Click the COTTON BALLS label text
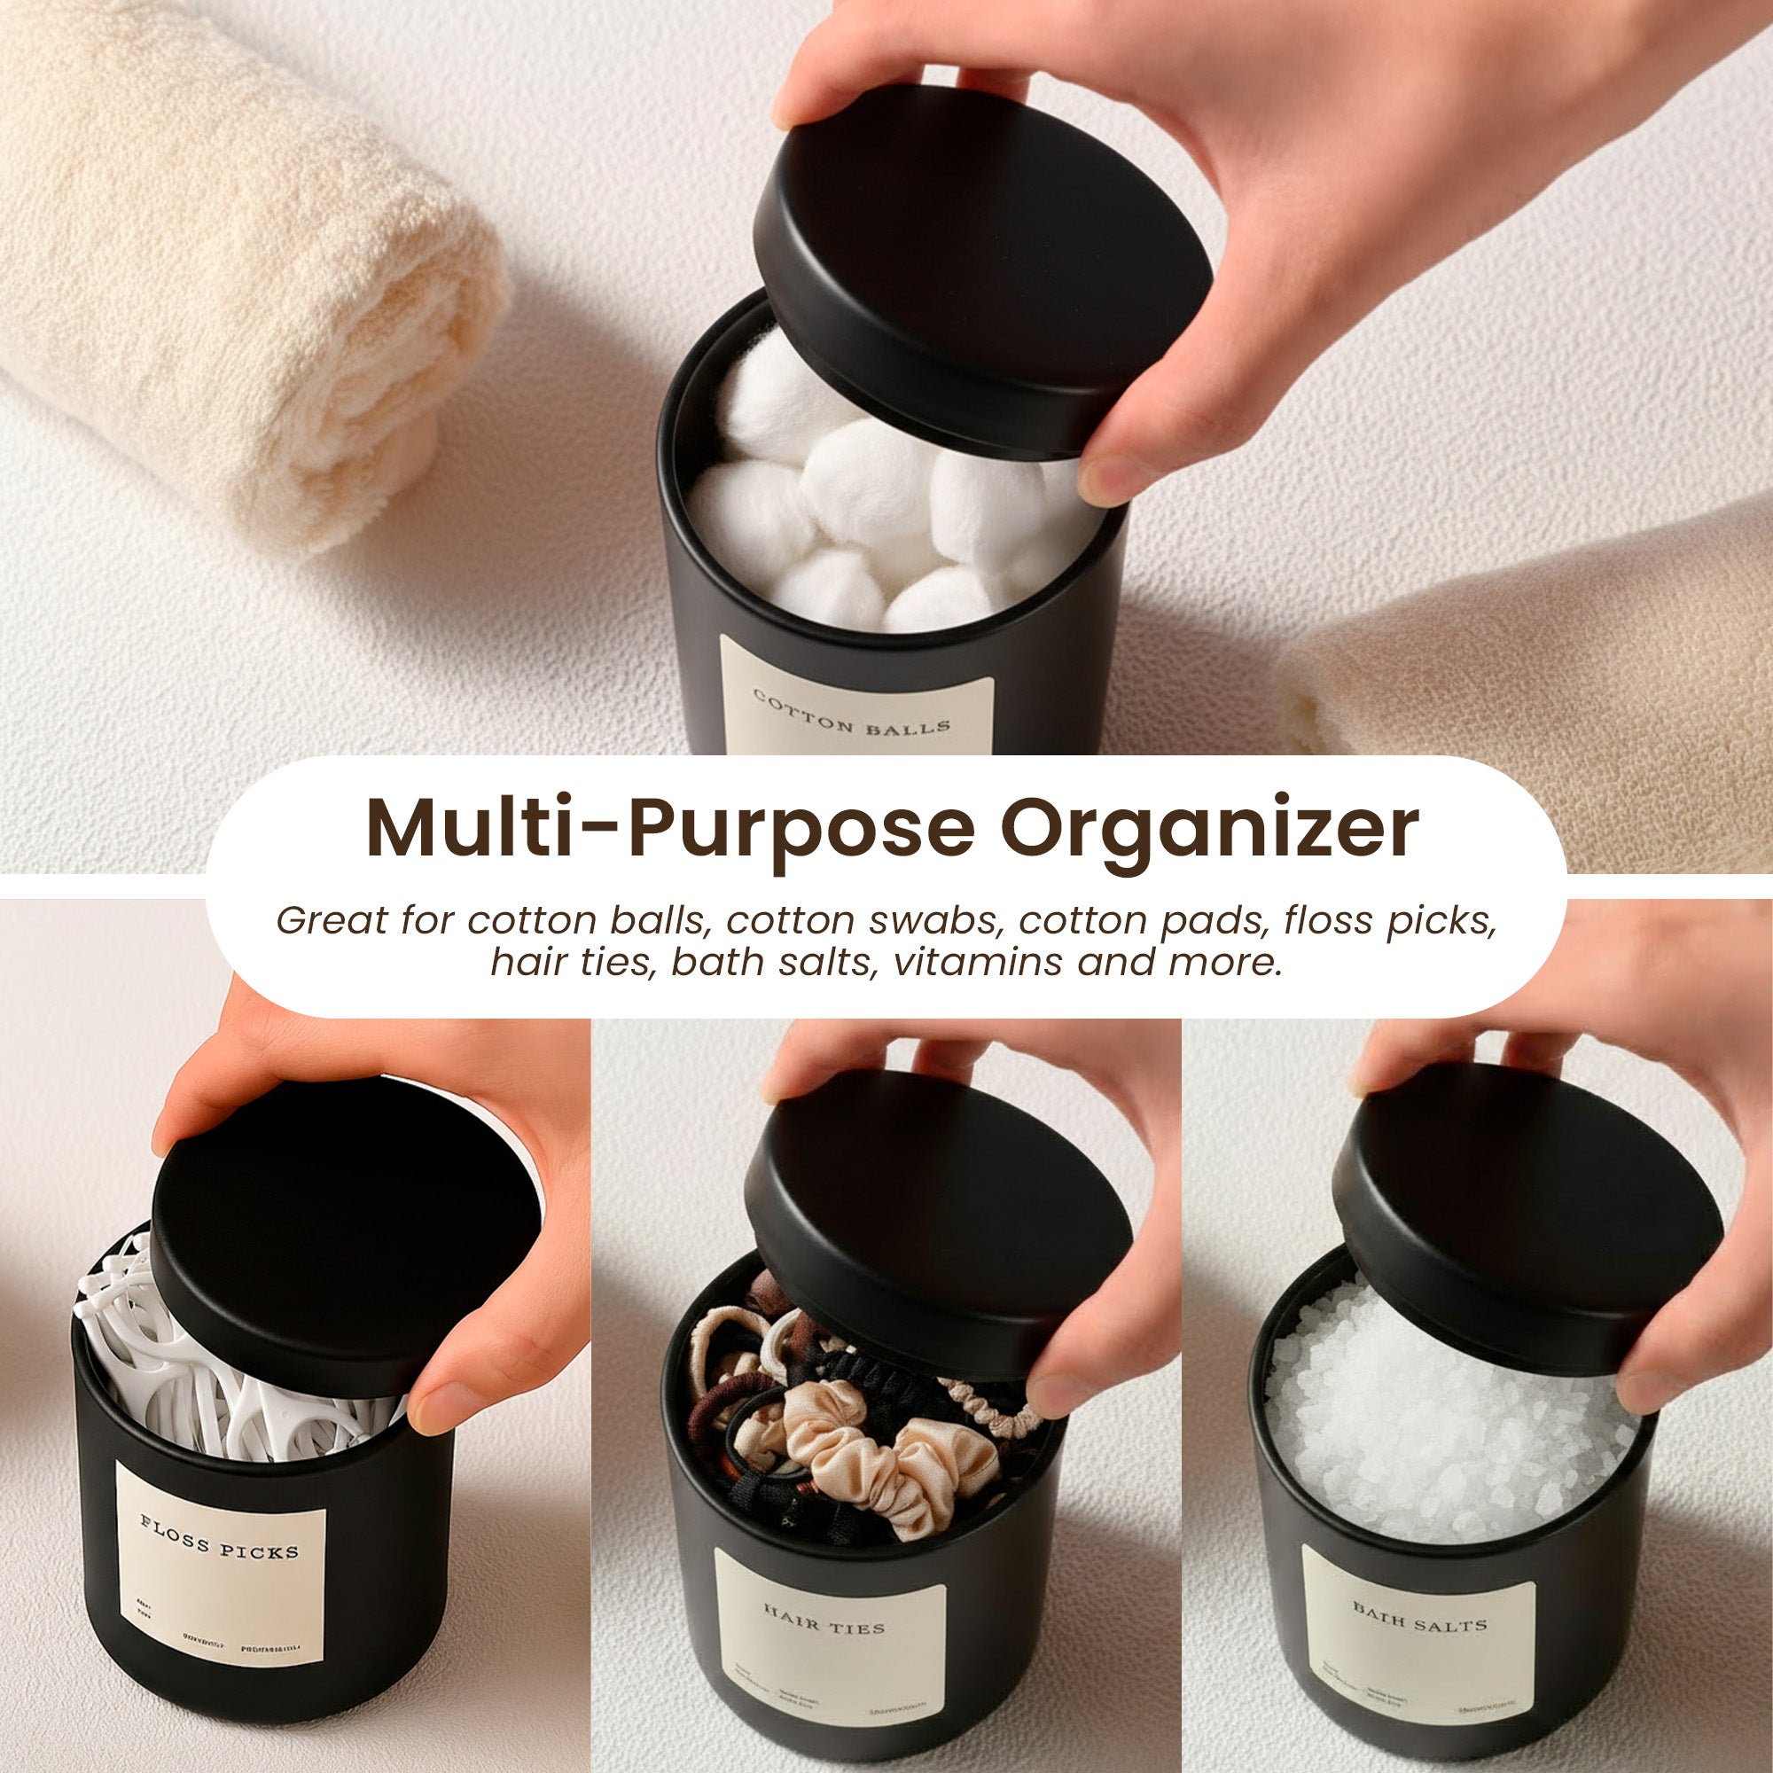click(851, 713)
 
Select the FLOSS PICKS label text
click(219, 1537)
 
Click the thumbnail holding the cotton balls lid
click(1115, 477)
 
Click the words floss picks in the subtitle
click(1389, 920)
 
